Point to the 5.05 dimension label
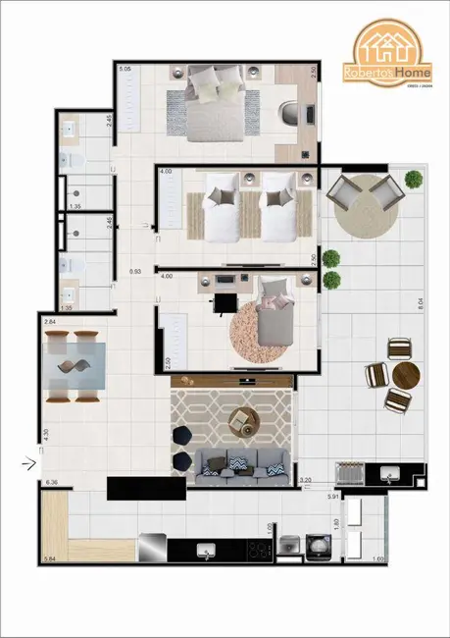[125, 70]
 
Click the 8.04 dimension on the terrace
[419, 305]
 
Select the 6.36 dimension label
[52, 482]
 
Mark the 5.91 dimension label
[332, 498]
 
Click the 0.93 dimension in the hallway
[136, 271]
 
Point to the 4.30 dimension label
[43, 433]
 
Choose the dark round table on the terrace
[406, 375]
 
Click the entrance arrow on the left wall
[28, 456]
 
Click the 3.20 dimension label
[305, 481]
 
